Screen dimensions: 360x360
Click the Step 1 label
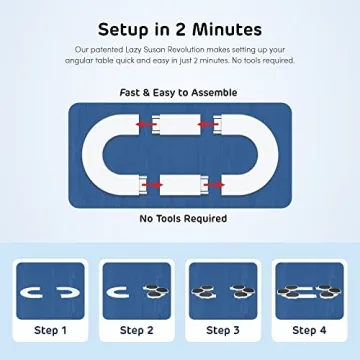point(50,330)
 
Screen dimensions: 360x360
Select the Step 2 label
point(136,330)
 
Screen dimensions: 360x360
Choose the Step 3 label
point(223,330)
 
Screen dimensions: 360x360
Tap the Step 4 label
point(309,330)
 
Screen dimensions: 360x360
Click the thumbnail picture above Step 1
point(50,291)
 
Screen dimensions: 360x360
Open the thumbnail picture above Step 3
point(223,291)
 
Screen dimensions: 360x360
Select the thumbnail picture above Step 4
point(309,291)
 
